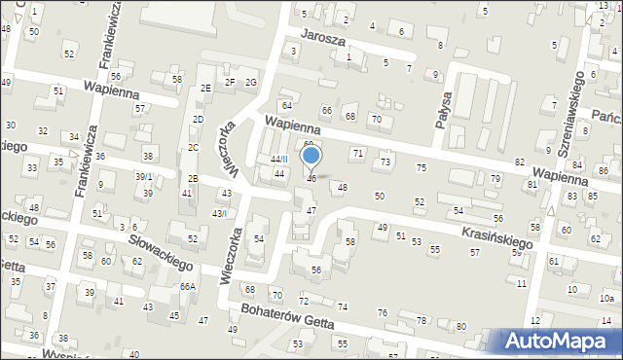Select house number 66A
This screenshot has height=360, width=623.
[188, 286]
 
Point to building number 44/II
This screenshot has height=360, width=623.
[279, 159]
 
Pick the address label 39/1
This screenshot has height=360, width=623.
[144, 176]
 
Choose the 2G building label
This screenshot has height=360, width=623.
[251, 82]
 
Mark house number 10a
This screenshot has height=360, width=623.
[606, 298]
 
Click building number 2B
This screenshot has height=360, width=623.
[193, 178]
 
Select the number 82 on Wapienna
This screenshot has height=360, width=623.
[520, 162]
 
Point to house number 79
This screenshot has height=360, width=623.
[495, 178]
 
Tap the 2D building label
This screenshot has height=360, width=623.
[198, 120]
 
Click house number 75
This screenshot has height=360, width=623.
[421, 168]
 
